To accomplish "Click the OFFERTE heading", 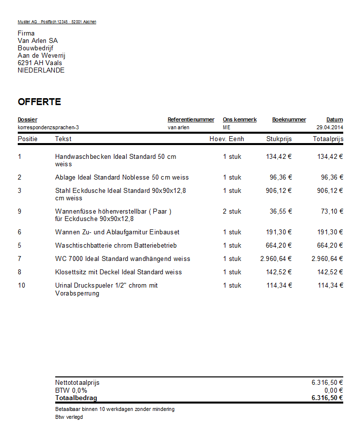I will (x=39, y=102).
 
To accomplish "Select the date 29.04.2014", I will (x=329, y=127).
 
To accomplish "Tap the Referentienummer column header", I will (x=191, y=119).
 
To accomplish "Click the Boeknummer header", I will (x=289, y=119).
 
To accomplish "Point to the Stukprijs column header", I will (x=279, y=139).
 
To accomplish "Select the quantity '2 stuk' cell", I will (x=232, y=211).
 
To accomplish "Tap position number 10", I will (x=22, y=285).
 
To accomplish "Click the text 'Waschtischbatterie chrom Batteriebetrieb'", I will (x=116, y=245).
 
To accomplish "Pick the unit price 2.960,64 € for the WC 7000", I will (x=276, y=259).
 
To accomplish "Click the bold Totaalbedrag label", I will (x=76, y=398).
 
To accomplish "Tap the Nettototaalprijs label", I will (x=77, y=382).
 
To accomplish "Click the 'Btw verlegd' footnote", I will (x=69, y=417).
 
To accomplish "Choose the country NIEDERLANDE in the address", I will (x=41, y=70).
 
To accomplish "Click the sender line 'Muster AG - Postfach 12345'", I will (x=57, y=22).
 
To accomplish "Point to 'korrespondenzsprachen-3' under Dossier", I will (x=48, y=127).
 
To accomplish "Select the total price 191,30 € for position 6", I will (x=330, y=232).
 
